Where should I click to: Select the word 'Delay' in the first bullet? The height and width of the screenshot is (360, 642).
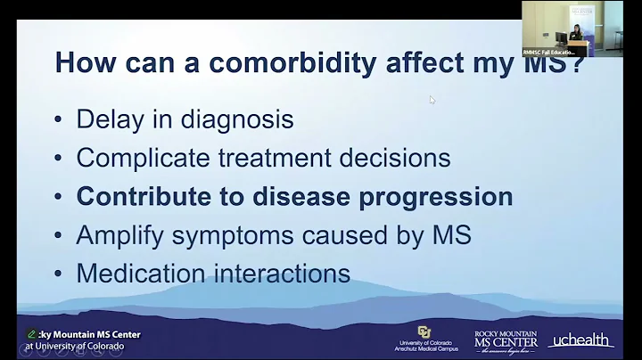[x=109, y=119]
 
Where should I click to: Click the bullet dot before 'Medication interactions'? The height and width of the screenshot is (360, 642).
[x=58, y=274]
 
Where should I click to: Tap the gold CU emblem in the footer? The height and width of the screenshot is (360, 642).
[x=424, y=332]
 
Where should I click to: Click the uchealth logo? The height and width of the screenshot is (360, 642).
[x=580, y=340]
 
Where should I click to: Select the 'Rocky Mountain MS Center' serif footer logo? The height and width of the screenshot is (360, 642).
[x=505, y=340]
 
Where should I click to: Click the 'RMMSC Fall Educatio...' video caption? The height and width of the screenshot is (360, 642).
[x=549, y=52]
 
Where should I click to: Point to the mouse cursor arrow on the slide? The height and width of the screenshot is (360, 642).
[x=432, y=100]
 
